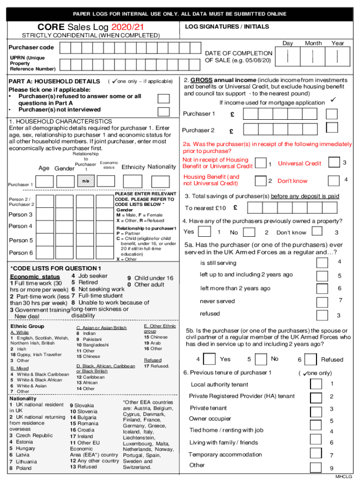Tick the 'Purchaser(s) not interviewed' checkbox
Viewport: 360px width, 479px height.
pos(164,111)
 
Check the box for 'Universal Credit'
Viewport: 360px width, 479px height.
pos(334,162)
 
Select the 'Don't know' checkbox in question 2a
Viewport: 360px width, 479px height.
pos(334,180)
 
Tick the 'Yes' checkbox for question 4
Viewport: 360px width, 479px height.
pos(203,232)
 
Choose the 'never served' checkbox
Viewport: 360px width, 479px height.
pos(322,302)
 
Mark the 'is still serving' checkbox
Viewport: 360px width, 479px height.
pos(322,263)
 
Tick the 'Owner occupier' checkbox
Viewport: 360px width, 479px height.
pos(317,420)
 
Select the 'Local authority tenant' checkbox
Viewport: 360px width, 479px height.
pos(317,384)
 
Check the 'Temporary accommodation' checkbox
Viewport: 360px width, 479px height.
pos(317,454)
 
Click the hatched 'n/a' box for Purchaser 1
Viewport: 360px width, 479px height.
pos(86,181)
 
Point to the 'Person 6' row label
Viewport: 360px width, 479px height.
pos(22,253)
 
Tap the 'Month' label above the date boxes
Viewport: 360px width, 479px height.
pos(313,43)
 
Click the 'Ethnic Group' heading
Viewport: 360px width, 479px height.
pos(27,326)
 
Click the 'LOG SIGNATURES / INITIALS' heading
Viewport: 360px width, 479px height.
pos(227,27)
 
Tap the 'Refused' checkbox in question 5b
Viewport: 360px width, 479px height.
pos(311,359)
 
